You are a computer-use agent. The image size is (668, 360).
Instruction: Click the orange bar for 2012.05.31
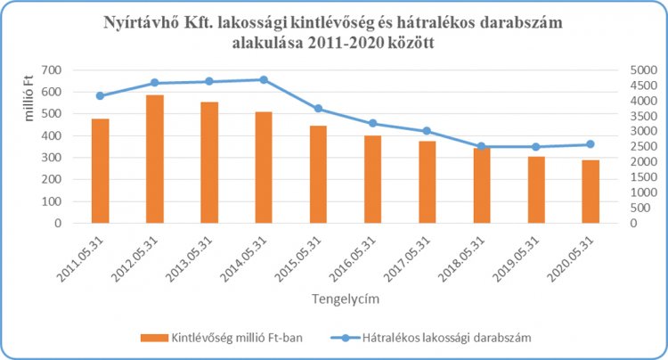click(154, 159)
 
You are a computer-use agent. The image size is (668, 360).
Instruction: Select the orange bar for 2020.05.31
click(591, 192)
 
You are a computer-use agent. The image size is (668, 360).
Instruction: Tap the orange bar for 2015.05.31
click(318, 175)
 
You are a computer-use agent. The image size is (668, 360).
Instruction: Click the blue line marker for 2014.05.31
click(264, 79)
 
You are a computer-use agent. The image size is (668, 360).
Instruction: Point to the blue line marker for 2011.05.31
click(100, 95)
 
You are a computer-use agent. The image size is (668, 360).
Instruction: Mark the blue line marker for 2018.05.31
click(482, 146)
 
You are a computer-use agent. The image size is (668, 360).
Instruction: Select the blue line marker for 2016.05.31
click(372, 123)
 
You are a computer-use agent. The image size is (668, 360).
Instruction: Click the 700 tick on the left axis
click(52, 70)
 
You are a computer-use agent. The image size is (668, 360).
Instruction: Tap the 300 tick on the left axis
click(52, 158)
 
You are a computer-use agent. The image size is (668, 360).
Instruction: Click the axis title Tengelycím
click(343, 299)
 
